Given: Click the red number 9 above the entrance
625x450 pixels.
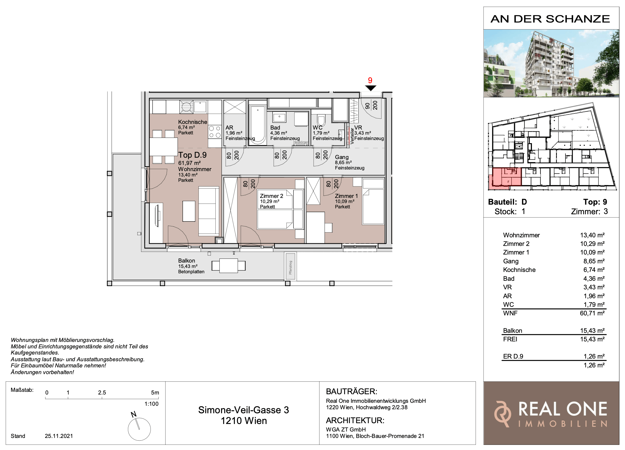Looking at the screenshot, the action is pos(370,80).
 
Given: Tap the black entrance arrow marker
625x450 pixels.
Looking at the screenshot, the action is pos(371,88).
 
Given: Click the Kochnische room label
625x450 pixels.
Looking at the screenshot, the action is pos(192,122).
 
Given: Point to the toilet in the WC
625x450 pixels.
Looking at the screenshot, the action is pos(321,120).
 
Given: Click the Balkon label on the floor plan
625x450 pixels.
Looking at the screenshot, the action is pos(187,260).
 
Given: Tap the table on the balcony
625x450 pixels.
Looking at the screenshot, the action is pos(229,266).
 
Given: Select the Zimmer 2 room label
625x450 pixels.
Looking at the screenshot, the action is pos(271,196).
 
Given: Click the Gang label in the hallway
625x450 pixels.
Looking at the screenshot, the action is pos(342,157).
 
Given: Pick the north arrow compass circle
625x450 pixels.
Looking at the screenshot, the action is pos(139,429).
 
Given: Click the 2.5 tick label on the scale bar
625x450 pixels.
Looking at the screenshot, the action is pos(102,392).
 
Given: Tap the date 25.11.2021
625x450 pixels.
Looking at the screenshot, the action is pos(59,436).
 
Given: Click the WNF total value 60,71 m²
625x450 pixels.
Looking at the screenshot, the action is pos(592,313).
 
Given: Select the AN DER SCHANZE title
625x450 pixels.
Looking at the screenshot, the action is pos(550,19).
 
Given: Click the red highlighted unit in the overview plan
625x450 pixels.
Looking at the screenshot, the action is pos(505,179).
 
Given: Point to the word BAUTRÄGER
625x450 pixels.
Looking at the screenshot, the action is pos(352,391).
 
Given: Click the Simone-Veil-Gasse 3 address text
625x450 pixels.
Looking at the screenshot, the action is pos(244,410).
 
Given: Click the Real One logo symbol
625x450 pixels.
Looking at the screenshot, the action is pos(503,414).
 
